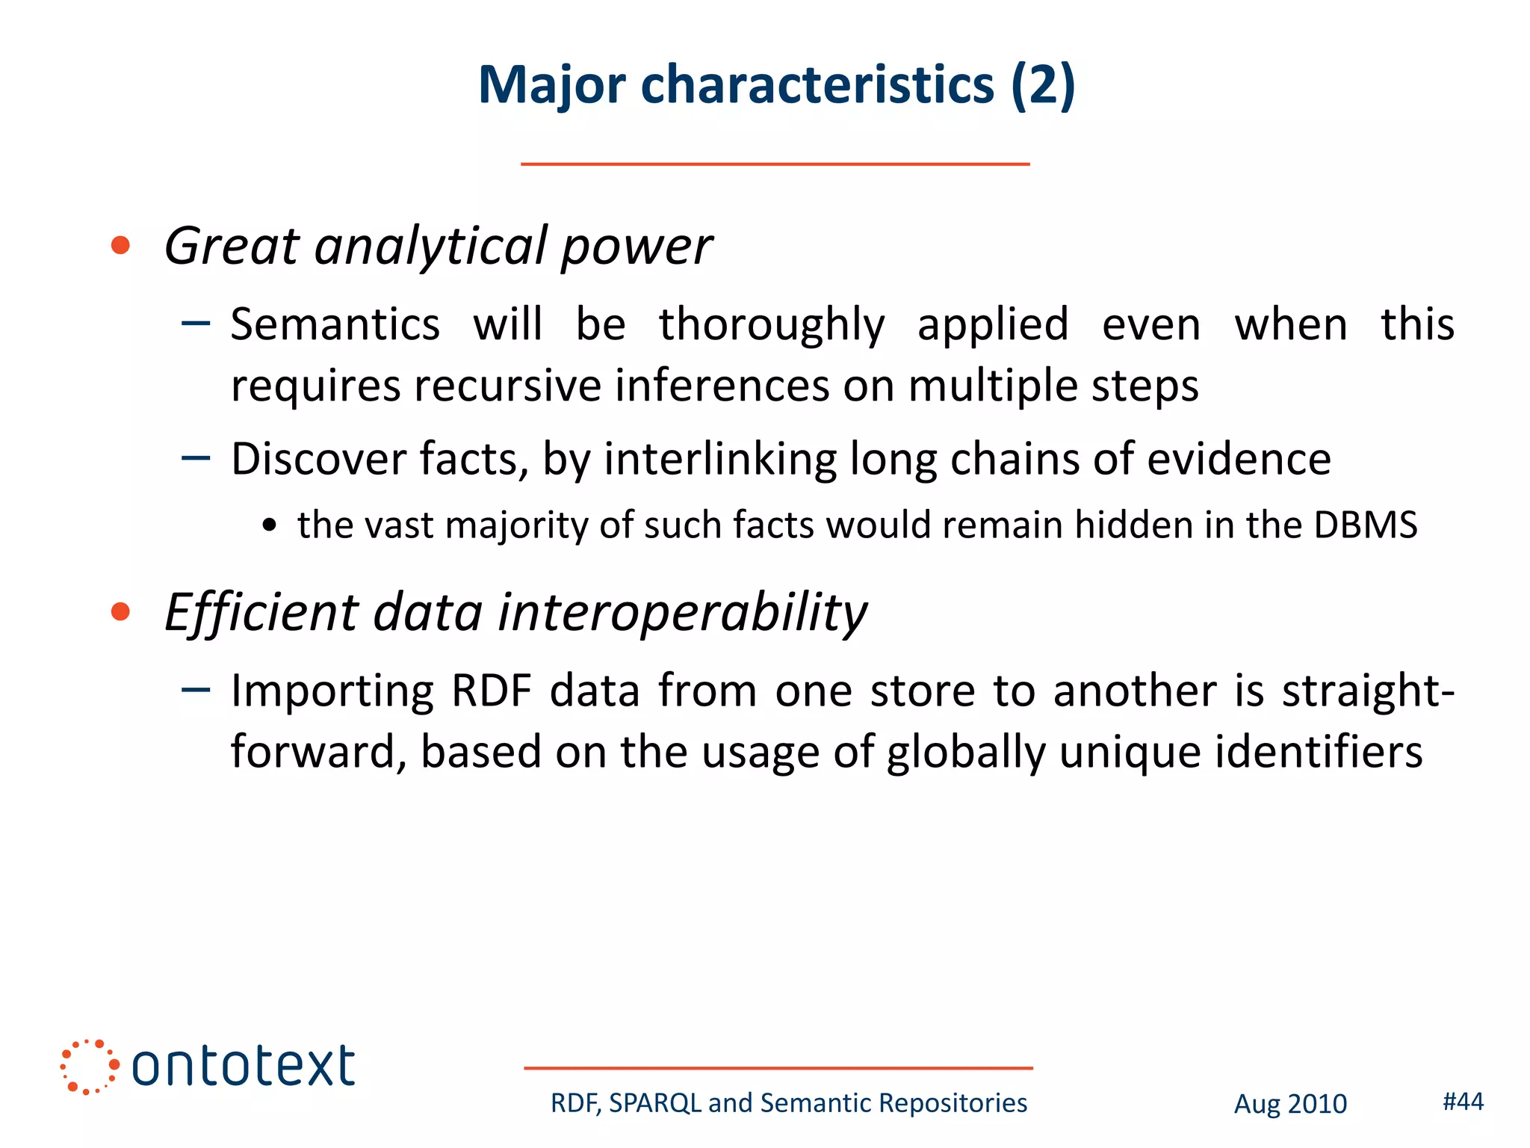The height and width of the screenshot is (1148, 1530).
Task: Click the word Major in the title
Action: tap(551, 85)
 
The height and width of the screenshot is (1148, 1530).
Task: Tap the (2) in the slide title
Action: tap(1043, 85)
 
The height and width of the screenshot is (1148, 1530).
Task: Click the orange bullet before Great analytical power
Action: tap(120, 245)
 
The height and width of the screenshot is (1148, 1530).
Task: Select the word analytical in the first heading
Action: tap(430, 247)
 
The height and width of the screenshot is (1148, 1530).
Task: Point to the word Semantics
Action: tap(335, 325)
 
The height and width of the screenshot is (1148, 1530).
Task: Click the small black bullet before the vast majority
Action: tap(270, 526)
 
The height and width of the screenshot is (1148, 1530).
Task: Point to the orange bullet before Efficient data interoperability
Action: tap(120, 612)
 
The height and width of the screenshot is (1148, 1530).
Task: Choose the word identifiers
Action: tap(1319, 752)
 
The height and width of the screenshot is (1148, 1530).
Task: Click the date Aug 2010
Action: tap(1290, 1104)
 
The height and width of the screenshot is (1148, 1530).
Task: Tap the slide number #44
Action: tap(1463, 1101)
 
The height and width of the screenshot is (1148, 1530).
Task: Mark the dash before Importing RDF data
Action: tap(196, 690)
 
